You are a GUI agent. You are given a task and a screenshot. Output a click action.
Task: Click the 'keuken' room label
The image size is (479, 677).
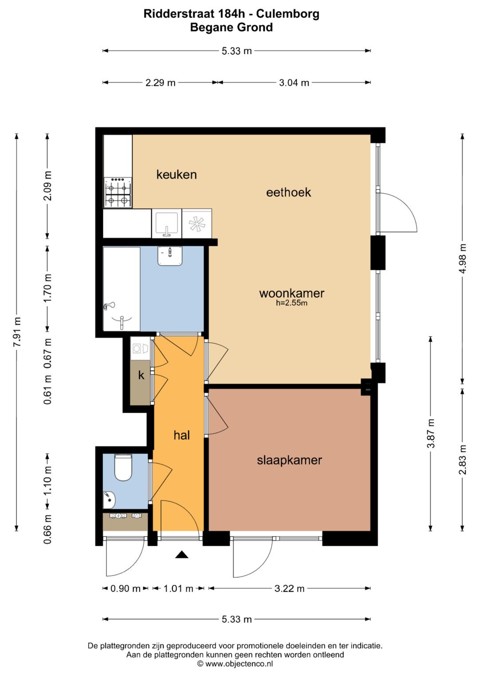click(x=177, y=175)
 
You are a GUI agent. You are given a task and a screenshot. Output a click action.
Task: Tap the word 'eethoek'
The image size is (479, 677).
click(x=288, y=192)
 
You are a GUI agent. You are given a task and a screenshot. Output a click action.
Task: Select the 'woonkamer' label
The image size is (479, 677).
click(x=291, y=293)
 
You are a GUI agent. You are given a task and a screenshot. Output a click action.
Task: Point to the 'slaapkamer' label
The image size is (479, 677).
click(x=289, y=460)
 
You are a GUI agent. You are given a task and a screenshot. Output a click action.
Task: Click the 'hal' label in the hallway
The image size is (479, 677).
click(x=182, y=435)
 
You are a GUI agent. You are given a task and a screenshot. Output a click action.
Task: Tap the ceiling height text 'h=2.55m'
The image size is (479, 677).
click(x=291, y=303)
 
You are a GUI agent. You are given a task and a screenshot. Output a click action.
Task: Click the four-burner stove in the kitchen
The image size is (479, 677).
click(x=118, y=192)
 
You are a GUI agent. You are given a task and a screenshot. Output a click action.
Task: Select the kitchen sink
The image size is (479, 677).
click(x=166, y=223)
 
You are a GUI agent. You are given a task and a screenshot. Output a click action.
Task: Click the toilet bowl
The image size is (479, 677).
click(x=123, y=467)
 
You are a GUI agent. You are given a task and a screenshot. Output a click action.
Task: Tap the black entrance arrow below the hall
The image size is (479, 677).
click(x=182, y=554)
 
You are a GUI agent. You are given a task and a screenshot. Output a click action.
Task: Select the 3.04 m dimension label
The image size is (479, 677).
click(x=294, y=82)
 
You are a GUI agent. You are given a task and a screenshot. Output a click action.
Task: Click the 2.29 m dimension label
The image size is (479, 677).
click(x=160, y=82)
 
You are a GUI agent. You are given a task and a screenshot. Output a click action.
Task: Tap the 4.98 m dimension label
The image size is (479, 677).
click(x=463, y=258)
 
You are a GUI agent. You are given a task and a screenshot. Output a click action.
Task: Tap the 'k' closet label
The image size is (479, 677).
click(x=141, y=375)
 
